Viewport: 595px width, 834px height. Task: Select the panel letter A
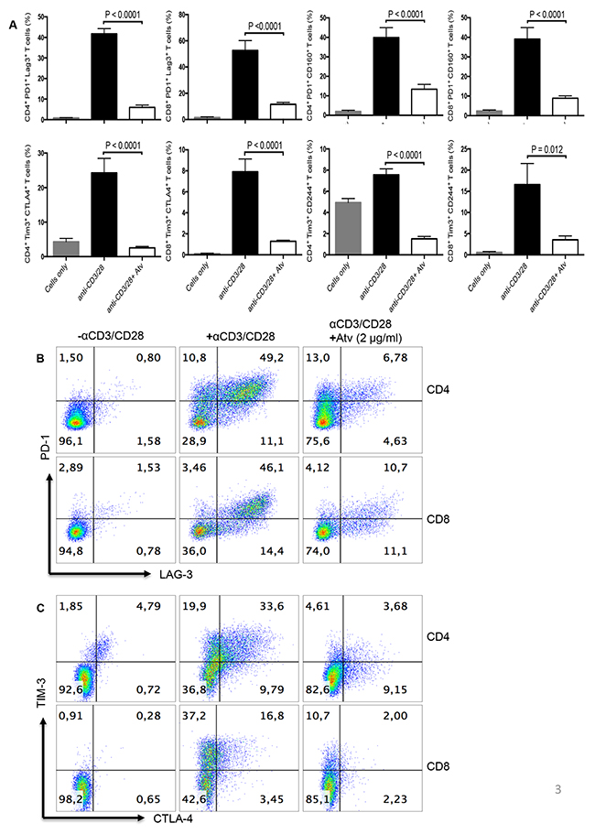click(x=11, y=26)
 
